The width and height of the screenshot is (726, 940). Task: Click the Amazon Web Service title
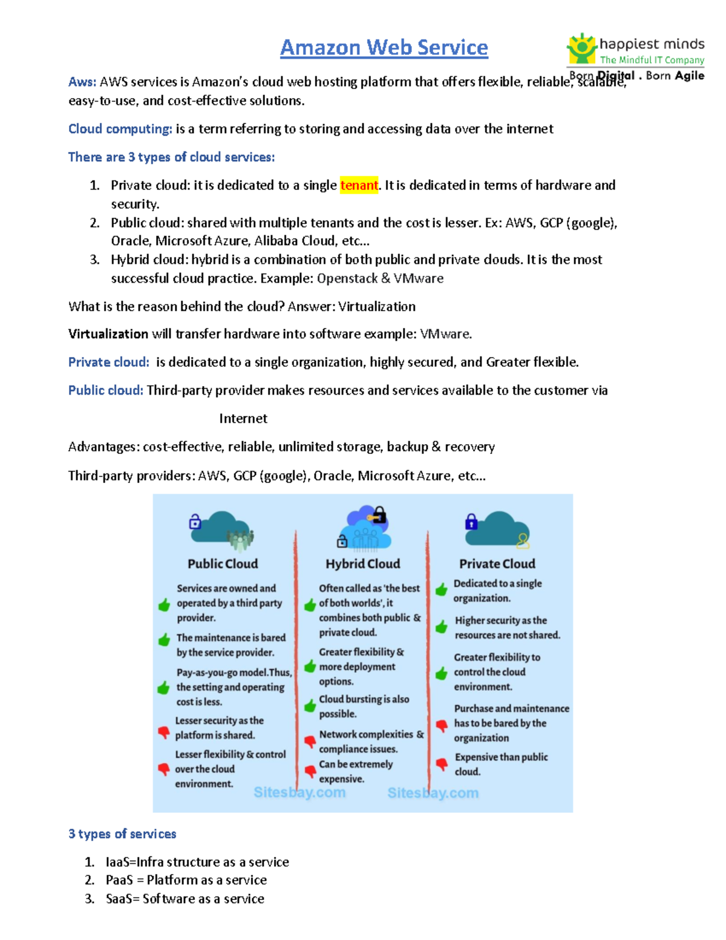384,47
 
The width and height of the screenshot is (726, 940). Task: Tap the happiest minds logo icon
581,48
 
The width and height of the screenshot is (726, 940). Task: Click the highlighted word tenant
359,185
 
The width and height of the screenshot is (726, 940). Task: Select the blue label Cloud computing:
120,129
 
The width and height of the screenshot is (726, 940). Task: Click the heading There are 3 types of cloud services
171,157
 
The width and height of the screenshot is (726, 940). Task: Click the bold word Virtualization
108,334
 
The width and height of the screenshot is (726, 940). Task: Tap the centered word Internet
243,419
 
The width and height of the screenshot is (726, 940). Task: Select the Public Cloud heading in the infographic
223,564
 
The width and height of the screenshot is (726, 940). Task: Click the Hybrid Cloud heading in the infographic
362,564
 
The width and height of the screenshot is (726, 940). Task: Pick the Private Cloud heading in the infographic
497,564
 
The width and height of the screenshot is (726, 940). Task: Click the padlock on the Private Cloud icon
471,522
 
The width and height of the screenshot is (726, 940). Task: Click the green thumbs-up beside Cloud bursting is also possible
310,706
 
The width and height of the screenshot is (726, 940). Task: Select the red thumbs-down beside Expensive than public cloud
442,764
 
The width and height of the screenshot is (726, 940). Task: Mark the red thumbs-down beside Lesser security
163,732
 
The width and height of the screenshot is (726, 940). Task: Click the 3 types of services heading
122,834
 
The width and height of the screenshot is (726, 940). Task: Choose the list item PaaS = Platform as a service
186,880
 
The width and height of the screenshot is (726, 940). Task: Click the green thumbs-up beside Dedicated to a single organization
442,590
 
